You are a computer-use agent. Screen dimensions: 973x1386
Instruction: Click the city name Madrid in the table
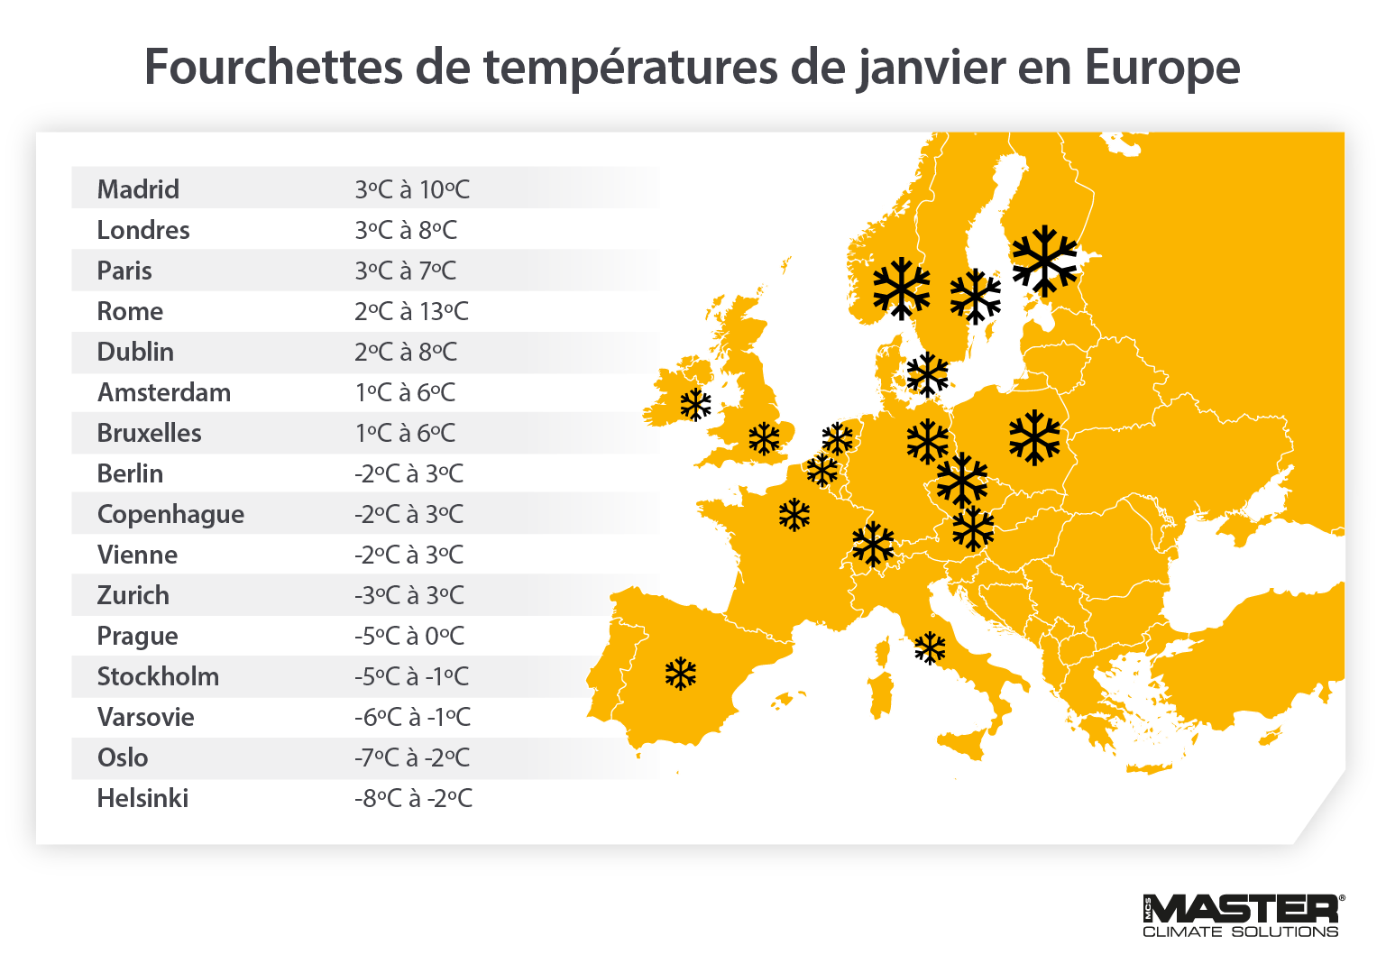click(x=138, y=189)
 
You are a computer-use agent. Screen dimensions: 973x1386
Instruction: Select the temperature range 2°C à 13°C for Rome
click(x=411, y=311)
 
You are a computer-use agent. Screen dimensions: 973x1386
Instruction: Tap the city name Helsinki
click(x=142, y=798)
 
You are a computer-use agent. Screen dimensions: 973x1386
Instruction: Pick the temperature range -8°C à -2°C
click(x=413, y=798)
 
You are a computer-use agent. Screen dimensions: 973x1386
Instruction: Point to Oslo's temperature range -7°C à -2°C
click(x=412, y=757)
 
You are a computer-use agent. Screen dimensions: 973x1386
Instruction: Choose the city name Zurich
click(x=133, y=595)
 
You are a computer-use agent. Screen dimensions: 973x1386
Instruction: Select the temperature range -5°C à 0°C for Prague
click(x=409, y=636)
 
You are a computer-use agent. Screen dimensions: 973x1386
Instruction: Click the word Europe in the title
click(x=1161, y=67)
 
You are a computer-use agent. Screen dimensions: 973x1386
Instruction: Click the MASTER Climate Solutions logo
click(x=1243, y=915)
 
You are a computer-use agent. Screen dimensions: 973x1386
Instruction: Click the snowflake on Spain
click(x=681, y=674)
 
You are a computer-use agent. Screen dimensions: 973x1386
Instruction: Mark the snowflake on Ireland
click(x=695, y=404)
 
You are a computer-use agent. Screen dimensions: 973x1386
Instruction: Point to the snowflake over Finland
click(x=1044, y=261)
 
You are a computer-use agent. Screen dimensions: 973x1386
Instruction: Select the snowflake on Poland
click(x=1034, y=437)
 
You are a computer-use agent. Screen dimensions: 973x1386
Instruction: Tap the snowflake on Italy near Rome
click(x=930, y=647)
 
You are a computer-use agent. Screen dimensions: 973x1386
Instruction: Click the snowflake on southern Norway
click(x=901, y=289)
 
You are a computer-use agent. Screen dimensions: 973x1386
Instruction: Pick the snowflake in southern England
click(x=764, y=438)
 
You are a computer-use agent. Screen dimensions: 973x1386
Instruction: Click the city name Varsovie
click(x=145, y=717)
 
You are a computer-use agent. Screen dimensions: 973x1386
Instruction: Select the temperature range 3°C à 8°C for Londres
click(x=406, y=230)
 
